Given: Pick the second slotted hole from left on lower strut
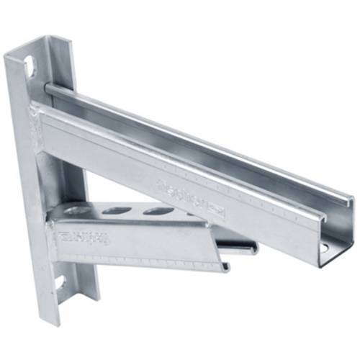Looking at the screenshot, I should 158,212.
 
